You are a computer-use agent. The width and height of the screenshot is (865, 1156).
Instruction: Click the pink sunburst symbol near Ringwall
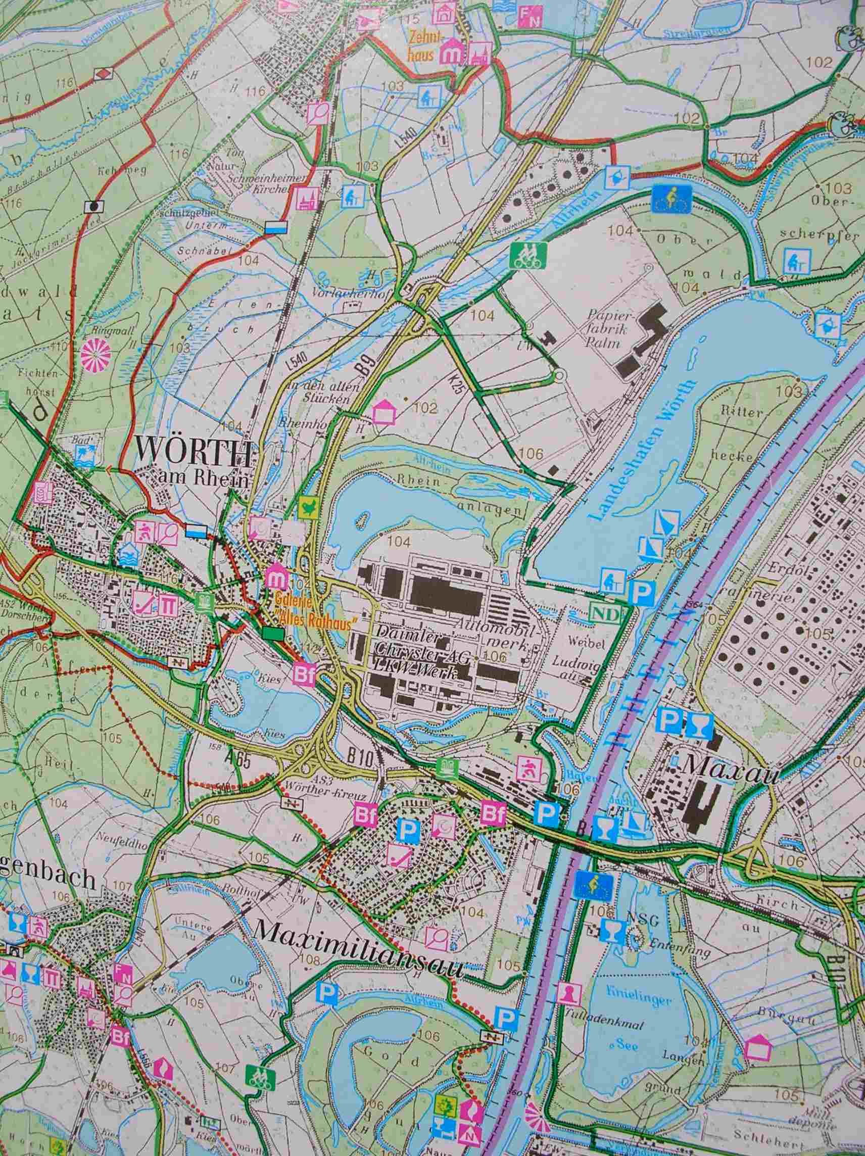tap(95, 356)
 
